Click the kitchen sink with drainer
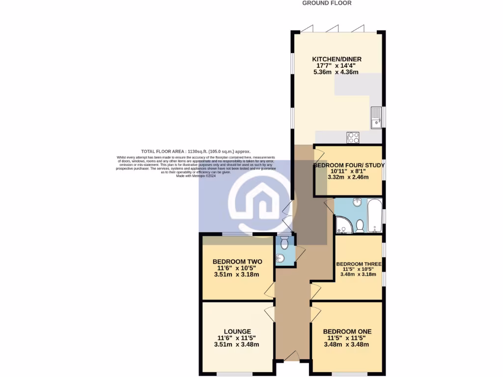coord(376,117)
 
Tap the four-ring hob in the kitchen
coord(353,137)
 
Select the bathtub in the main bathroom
coord(375,215)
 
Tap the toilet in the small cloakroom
coord(284,242)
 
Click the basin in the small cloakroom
coord(280,258)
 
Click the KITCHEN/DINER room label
coord(334,59)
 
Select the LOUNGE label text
coord(237,331)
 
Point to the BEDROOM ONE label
coord(347,331)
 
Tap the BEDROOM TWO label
coord(237,262)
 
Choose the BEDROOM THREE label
coord(359,264)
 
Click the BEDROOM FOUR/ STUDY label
coord(349,165)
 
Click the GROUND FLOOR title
coord(327,3)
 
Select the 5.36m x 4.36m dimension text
coord(335,72)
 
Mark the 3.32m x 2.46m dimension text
coord(347,178)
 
